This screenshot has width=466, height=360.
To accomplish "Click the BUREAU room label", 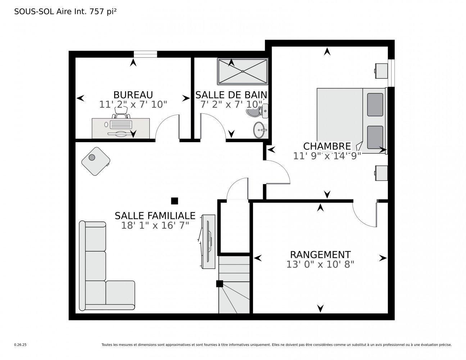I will click(133, 95).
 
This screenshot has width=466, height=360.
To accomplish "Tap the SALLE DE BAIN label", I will click(231, 95).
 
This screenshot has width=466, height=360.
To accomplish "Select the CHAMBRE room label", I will click(327, 146).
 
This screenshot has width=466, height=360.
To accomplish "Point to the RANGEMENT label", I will click(320, 255).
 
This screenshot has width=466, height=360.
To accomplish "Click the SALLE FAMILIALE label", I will click(155, 216).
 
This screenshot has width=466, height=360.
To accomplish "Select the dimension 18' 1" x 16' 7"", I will click(155, 225).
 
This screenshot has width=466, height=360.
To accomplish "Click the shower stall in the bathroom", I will click(243, 71).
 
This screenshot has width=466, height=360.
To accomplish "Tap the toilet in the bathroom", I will click(258, 112).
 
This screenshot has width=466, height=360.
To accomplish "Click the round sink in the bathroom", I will click(259, 130).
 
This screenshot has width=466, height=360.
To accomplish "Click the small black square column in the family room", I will click(175, 201).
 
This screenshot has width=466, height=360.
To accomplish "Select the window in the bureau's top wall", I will click(145, 54).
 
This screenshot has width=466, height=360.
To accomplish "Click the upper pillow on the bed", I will click(375, 104).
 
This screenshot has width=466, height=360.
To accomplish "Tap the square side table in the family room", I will click(95, 161).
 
